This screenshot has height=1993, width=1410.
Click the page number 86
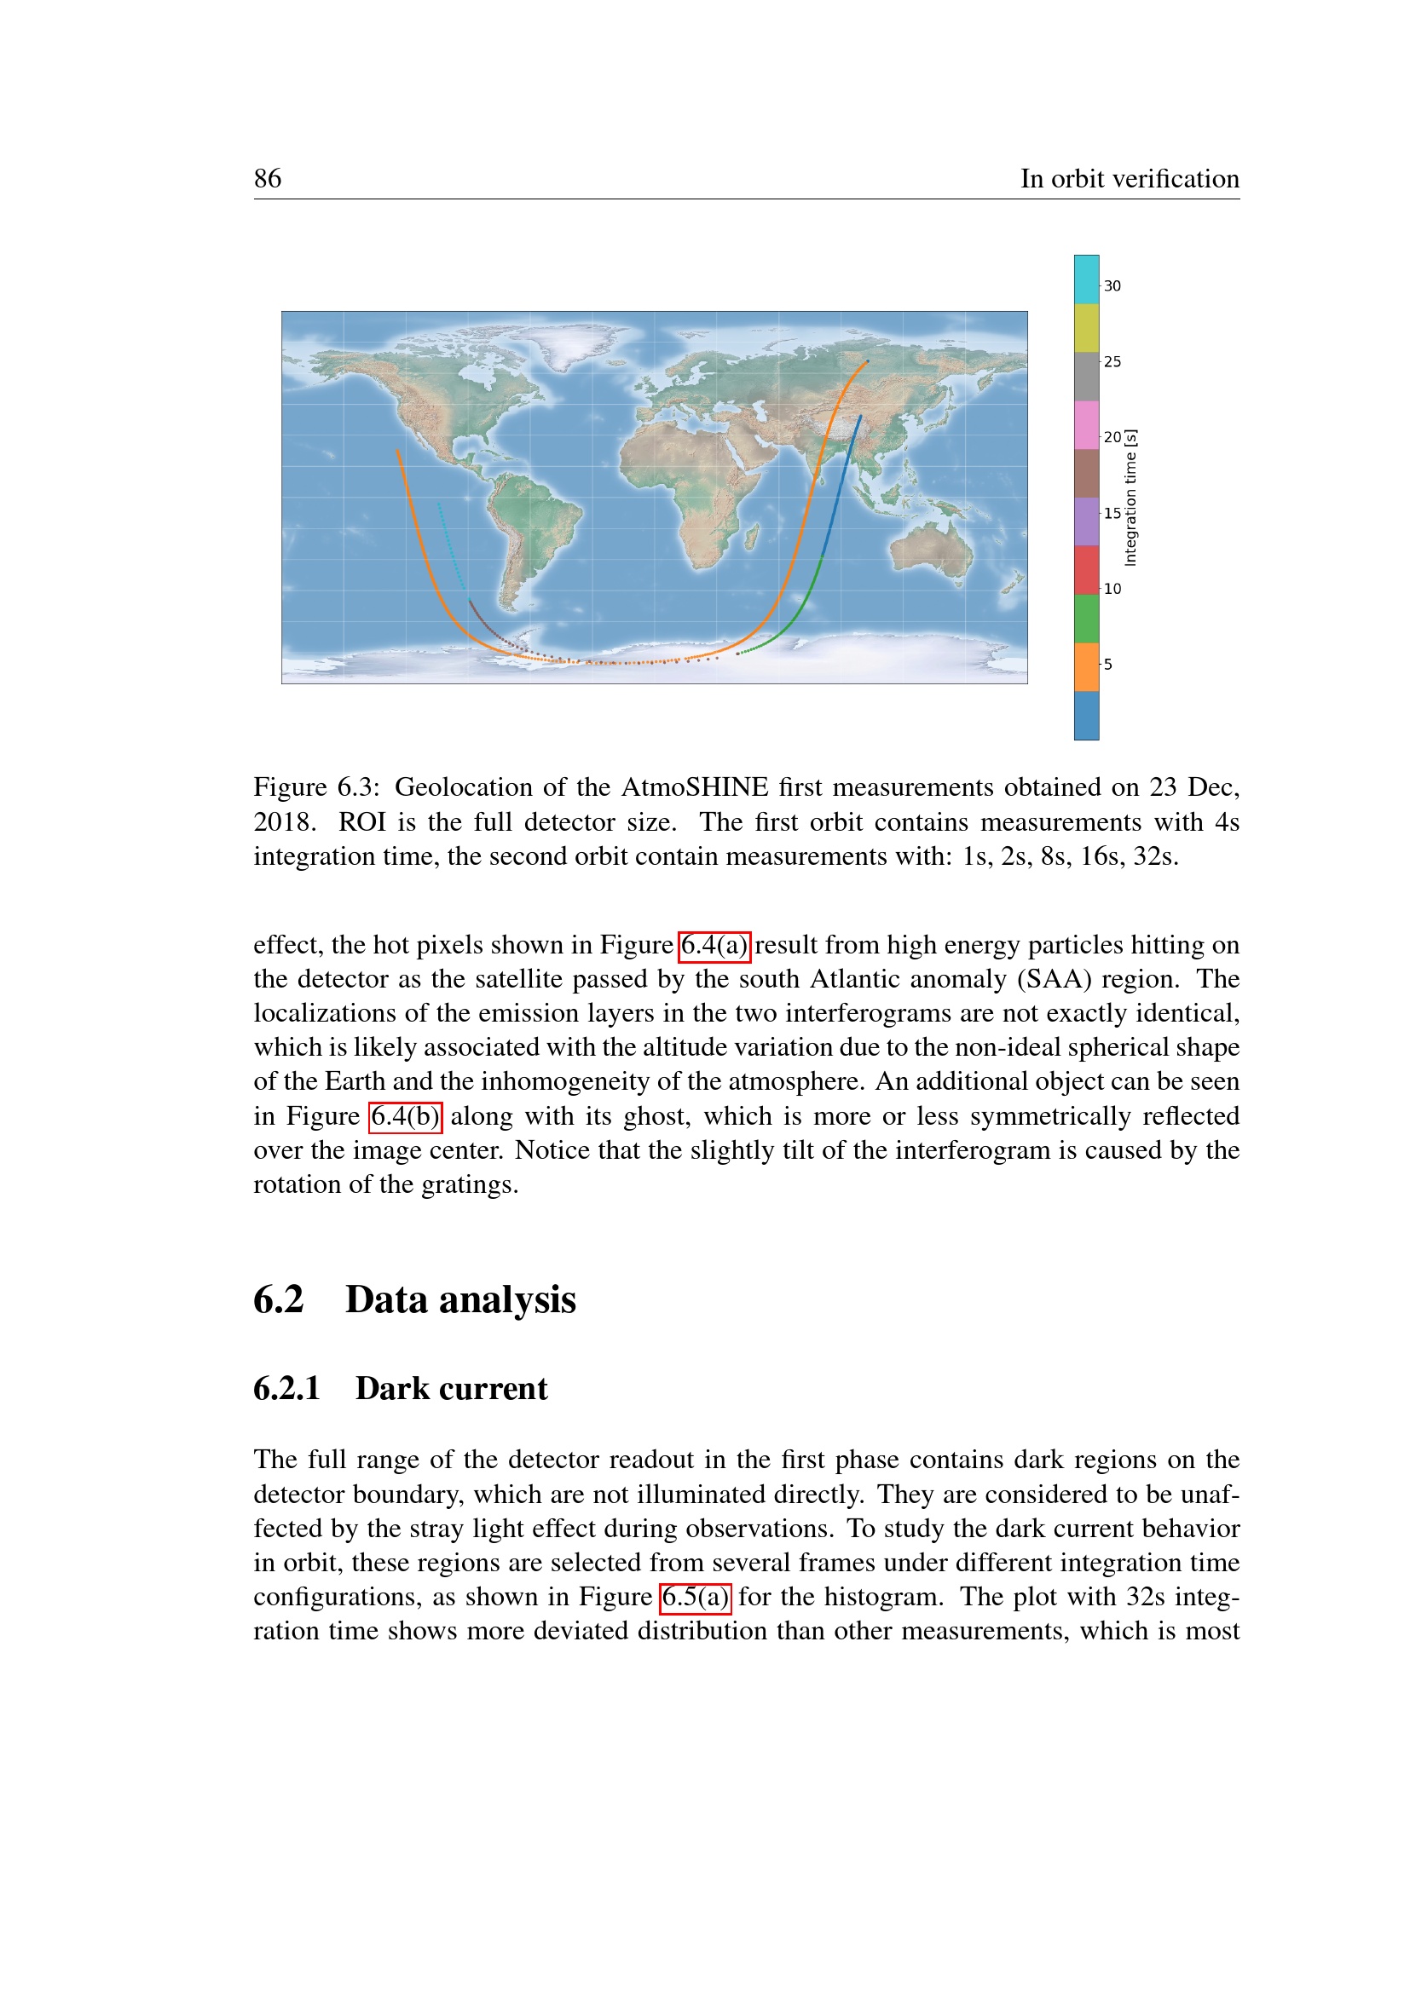(x=268, y=178)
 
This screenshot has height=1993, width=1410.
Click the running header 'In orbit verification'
(x=1129, y=178)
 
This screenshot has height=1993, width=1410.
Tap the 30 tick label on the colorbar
(x=1112, y=286)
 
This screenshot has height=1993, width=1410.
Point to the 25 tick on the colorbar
(x=1112, y=362)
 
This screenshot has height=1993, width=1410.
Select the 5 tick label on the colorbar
(x=1108, y=665)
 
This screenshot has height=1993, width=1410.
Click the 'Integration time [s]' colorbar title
(x=1130, y=498)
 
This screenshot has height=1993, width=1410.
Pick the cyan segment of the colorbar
(x=1086, y=279)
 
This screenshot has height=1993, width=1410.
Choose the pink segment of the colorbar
(x=1086, y=424)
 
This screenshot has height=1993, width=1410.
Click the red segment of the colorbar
(x=1086, y=569)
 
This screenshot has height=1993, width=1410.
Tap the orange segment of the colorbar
(x=1086, y=666)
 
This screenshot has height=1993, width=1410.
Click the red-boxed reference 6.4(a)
(x=714, y=945)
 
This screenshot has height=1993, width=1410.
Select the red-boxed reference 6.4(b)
(x=406, y=1116)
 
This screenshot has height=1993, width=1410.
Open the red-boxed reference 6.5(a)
(x=696, y=1597)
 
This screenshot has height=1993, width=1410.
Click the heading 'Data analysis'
(x=460, y=1300)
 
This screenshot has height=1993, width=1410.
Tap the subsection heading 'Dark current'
(x=451, y=1389)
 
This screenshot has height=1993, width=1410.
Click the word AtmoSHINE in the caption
(x=695, y=787)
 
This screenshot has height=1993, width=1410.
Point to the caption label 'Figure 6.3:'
(x=317, y=787)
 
